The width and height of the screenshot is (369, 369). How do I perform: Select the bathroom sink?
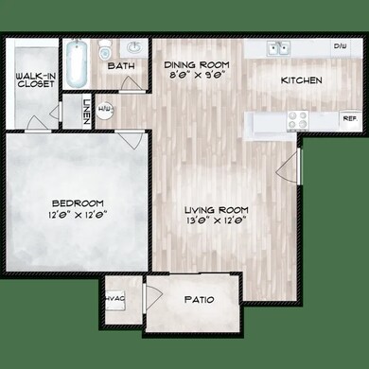click(134, 46)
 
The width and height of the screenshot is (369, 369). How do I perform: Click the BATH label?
click(120, 66)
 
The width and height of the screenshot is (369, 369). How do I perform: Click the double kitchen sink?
click(277, 47)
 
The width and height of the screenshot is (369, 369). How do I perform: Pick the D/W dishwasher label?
click(339, 45)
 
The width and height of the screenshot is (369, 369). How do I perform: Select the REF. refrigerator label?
click(348, 119)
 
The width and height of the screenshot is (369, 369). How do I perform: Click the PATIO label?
click(198, 300)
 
